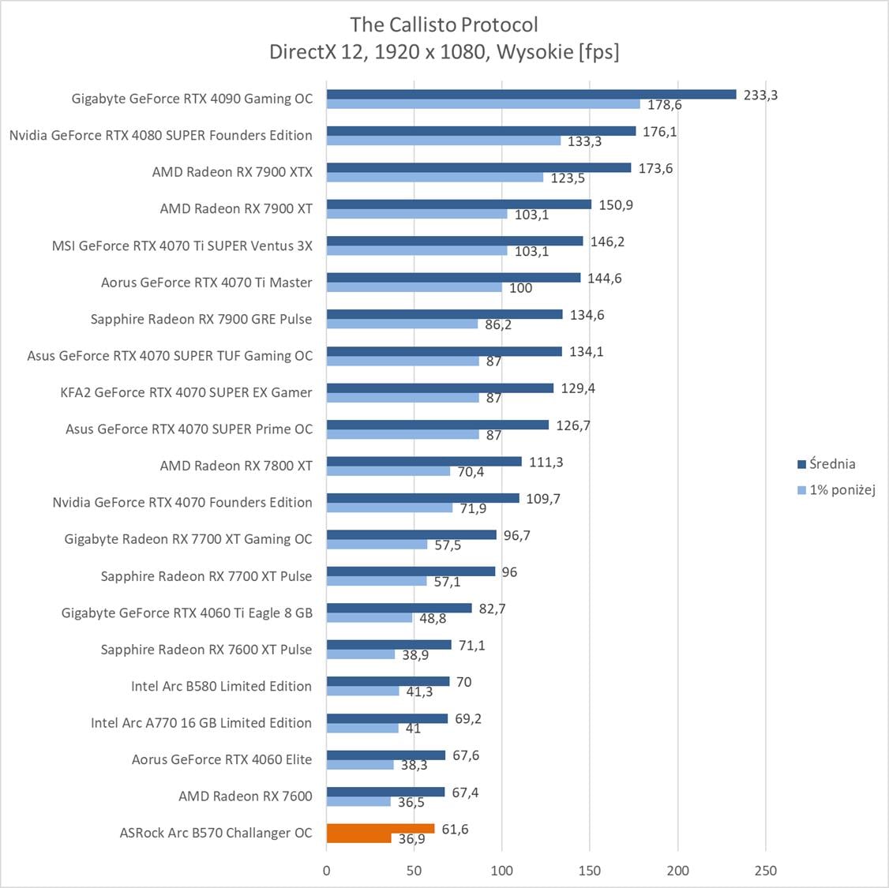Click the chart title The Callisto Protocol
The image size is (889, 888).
[x=444, y=24]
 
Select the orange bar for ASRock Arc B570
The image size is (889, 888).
[x=380, y=829]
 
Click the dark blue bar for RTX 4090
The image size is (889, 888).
[x=531, y=94]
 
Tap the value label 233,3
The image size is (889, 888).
[x=760, y=95]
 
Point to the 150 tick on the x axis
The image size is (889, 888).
[x=590, y=871]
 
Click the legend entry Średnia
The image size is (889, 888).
[x=831, y=464]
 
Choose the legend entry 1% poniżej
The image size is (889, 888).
[x=842, y=489]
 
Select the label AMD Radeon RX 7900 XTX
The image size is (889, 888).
[x=232, y=172]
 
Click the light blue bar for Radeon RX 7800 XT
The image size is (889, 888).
[x=388, y=471]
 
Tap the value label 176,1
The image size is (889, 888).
[x=659, y=132]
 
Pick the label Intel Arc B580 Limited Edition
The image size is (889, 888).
[x=221, y=686]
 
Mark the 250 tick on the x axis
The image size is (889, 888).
[x=765, y=871]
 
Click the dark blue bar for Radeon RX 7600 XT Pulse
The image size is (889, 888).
[x=388, y=645]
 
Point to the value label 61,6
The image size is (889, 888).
[x=456, y=829]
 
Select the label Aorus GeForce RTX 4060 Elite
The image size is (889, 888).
[x=221, y=759]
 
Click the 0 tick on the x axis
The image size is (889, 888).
[x=327, y=871]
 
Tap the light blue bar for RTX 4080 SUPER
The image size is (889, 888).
[x=443, y=141]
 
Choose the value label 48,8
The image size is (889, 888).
[x=433, y=619]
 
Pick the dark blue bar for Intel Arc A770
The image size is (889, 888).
[x=387, y=718]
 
